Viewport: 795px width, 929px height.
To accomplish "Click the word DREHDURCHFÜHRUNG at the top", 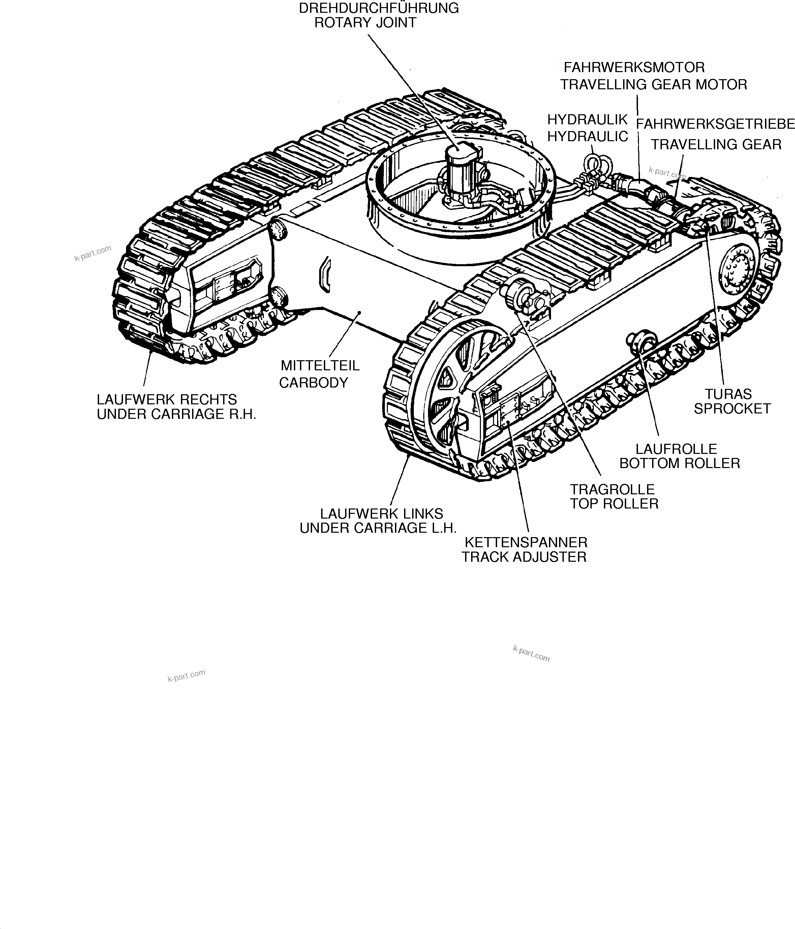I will (379, 8).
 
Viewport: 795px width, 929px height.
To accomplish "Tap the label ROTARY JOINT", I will (365, 23).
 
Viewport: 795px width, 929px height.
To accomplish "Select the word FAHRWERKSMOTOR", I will (634, 67).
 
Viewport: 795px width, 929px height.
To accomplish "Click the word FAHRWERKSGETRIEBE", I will (715, 124).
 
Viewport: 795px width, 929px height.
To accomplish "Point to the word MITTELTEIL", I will (320, 365).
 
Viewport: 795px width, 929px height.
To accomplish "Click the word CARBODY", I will (313, 382).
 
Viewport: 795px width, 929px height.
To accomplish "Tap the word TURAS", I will (728, 394).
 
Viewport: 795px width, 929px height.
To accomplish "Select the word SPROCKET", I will (732, 408).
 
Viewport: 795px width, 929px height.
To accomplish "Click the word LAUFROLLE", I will (676, 449).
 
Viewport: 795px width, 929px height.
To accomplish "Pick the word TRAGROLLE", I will (612, 489).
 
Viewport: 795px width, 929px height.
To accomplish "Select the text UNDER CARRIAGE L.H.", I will (378, 528).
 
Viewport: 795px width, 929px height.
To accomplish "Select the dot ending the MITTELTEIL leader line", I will (359, 312).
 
